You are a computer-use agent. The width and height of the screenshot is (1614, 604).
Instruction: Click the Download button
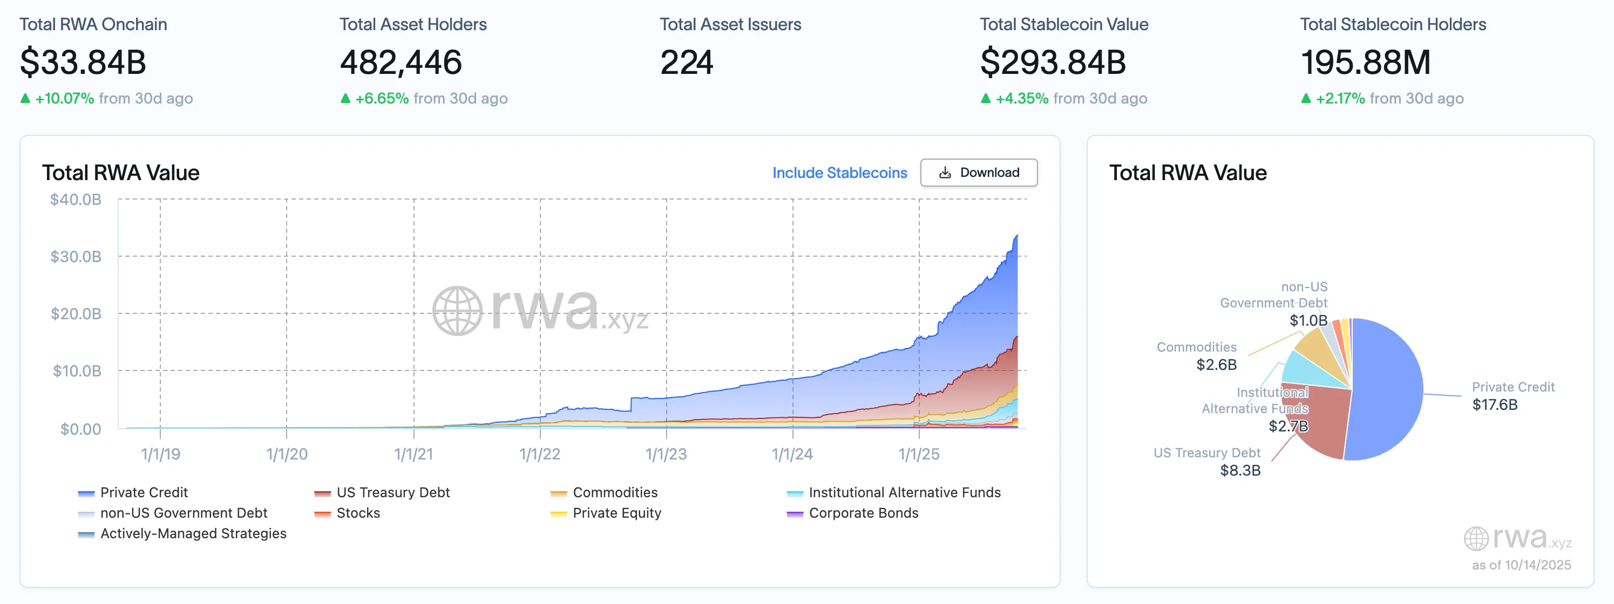(978, 173)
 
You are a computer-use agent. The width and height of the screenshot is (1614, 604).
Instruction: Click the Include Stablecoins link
(839, 173)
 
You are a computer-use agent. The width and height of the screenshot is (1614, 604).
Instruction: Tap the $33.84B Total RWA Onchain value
(83, 63)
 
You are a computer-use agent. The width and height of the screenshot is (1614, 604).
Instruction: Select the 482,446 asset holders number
(401, 63)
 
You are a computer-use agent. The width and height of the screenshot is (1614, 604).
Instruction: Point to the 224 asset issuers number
(686, 63)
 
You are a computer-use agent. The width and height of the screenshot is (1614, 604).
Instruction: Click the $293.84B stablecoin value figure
(1053, 63)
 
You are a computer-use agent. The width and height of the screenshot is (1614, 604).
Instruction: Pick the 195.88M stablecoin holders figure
(1365, 63)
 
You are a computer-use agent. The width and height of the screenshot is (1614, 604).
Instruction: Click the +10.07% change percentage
(65, 99)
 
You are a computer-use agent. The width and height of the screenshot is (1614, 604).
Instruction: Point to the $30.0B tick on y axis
(76, 257)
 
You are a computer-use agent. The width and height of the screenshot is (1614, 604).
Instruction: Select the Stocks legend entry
(358, 513)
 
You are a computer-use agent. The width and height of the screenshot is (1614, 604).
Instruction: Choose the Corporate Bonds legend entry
(863, 513)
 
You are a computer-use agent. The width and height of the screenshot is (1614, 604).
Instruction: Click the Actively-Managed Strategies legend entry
(193, 534)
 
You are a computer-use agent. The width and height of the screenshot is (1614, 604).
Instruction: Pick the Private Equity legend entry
(616, 513)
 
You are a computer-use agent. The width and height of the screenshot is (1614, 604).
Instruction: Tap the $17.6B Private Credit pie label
(1494, 405)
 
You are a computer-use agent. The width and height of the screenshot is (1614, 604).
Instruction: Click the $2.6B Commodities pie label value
(1216, 365)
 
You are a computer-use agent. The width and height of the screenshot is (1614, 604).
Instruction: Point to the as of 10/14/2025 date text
(1521, 565)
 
